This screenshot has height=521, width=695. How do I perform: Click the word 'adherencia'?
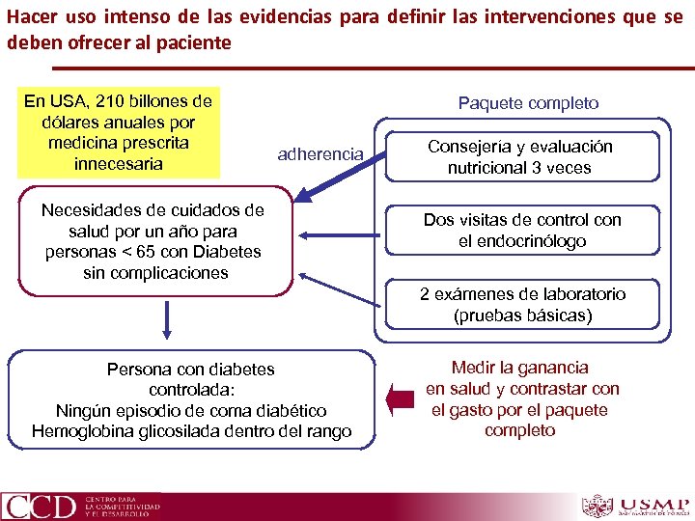[x=320, y=153]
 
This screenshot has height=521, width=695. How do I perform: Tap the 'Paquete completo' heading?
[x=528, y=102]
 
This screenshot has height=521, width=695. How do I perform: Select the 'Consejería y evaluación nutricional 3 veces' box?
[x=520, y=156]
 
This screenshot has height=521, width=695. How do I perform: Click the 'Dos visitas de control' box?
[x=522, y=231]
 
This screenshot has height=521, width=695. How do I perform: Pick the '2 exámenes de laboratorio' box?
[x=522, y=304]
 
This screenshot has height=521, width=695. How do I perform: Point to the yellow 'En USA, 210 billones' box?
[x=119, y=132]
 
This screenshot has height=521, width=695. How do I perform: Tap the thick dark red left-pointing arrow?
[x=396, y=398]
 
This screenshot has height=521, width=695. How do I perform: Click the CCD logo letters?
[x=40, y=506]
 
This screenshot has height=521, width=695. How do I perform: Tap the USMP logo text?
[x=654, y=503]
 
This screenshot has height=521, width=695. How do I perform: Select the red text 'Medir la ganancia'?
[x=519, y=368]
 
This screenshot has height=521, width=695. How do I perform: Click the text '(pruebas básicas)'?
[x=522, y=315]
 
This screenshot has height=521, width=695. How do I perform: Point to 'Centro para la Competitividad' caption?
[x=123, y=506]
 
